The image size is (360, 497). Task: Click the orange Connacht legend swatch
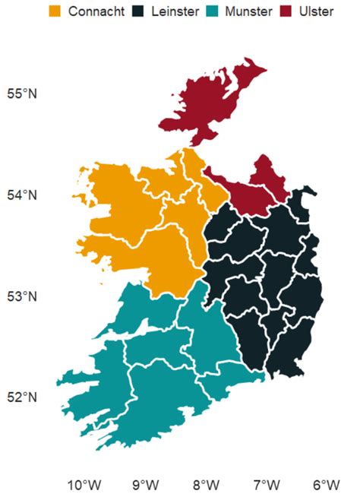[55, 11]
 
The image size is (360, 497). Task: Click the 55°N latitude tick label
[22, 94]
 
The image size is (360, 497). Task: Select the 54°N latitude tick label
[22, 195]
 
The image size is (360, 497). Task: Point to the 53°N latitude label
[22, 296]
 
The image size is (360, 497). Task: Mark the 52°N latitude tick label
[22, 397]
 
